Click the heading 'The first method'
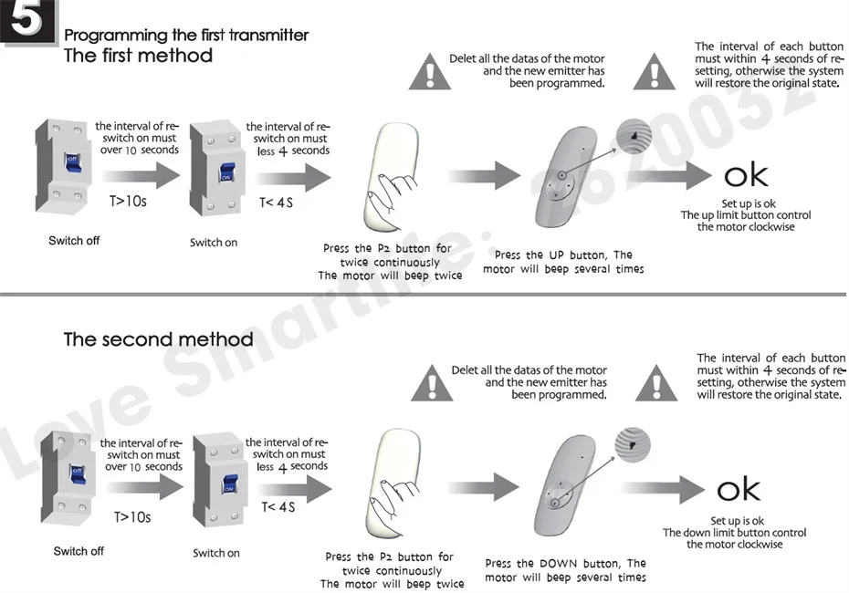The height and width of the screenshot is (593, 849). tap(137, 56)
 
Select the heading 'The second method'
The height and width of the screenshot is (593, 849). tap(158, 339)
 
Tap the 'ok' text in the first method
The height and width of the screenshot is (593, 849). tap(746, 176)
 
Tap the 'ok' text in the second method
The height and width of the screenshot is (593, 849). tap(738, 490)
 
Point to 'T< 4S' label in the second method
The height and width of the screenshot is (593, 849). tap(278, 506)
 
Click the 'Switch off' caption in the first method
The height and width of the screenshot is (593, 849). tap(74, 241)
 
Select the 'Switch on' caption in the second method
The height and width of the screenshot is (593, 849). tap(216, 553)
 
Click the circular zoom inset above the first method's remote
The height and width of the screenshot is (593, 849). tap(634, 136)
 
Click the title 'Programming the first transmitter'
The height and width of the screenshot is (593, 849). tap(186, 36)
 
